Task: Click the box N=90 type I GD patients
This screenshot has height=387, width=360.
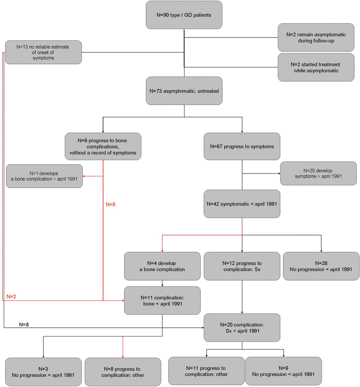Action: (184, 15)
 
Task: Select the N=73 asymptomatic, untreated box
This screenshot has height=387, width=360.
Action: (184, 91)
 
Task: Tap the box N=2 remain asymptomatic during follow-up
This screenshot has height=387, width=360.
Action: (316, 37)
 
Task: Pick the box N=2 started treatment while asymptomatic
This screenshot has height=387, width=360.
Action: (316, 68)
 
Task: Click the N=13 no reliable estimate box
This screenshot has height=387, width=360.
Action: (43, 52)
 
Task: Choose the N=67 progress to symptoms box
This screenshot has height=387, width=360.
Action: (242, 146)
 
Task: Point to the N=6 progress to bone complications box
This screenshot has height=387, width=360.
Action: (103, 146)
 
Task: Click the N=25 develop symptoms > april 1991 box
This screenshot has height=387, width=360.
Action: (318, 173)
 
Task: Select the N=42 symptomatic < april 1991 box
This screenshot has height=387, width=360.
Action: (242, 204)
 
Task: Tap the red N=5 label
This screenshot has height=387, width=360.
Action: (111, 204)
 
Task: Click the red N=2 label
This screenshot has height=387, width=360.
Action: (11, 296)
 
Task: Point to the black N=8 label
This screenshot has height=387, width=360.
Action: (24, 325)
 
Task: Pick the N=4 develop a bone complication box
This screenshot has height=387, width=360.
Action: (162, 266)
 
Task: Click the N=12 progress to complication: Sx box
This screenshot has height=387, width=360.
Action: (242, 266)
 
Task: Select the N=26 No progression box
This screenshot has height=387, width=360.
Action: (321, 266)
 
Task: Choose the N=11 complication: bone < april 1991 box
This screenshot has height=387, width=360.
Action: (162, 300)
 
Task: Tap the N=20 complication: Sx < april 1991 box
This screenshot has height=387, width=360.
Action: (242, 328)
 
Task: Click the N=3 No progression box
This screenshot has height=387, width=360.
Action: (43, 372)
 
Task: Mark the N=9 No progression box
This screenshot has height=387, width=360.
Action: (284, 371)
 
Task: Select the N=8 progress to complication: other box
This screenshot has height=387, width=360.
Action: (123, 372)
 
